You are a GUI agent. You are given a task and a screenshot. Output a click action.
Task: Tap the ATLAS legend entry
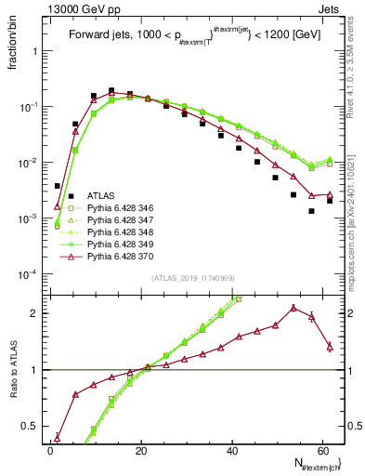(x=101, y=195)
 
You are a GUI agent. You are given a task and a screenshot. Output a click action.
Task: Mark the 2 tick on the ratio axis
(x=37, y=313)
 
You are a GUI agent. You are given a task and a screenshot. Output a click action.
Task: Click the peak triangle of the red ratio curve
(x=293, y=308)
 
